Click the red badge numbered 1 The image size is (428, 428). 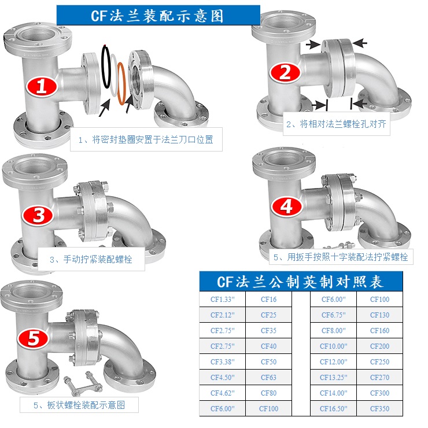coord(42,87)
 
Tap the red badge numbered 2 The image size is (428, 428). coord(285,72)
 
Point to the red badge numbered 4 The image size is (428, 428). coord(287,206)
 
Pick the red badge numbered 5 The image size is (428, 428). coord(34,338)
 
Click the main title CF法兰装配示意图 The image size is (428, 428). coord(157,16)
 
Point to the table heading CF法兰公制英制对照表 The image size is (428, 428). coord(300,282)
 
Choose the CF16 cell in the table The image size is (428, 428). coord(268,300)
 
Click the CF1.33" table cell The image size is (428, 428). coord(223,300)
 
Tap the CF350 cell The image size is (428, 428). coord(379,408)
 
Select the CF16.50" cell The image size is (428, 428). coord(334,408)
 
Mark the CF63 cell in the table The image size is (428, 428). coord(268,378)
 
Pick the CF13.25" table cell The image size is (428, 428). coord(334,378)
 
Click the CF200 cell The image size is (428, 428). coord(379,346)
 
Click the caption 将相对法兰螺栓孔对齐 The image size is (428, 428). coord(343,124)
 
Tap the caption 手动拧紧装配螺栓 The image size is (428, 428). coord(98,259)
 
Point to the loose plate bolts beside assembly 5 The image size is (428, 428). coord(83,383)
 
